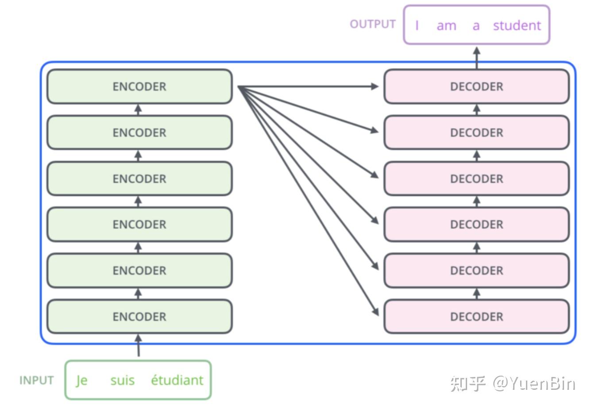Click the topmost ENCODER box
[x=139, y=86]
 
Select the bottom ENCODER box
[x=139, y=316]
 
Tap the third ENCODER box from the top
[x=139, y=179]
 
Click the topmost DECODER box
[x=476, y=86]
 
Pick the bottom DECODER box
[x=476, y=316]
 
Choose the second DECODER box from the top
[x=476, y=132]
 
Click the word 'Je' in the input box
[x=81, y=380]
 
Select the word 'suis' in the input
[x=122, y=380]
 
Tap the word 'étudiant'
[x=177, y=380]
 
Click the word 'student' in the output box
[x=517, y=25]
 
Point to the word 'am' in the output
[x=446, y=26]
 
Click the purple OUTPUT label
[x=372, y=24]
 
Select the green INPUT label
[x=36, y=381]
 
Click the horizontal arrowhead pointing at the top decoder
[x=375, y=86]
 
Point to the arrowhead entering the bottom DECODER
[x=375, y=311]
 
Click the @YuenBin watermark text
[x=534, y=383]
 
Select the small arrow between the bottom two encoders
[x=138, y=293]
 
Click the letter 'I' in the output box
[x=417, y=26]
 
